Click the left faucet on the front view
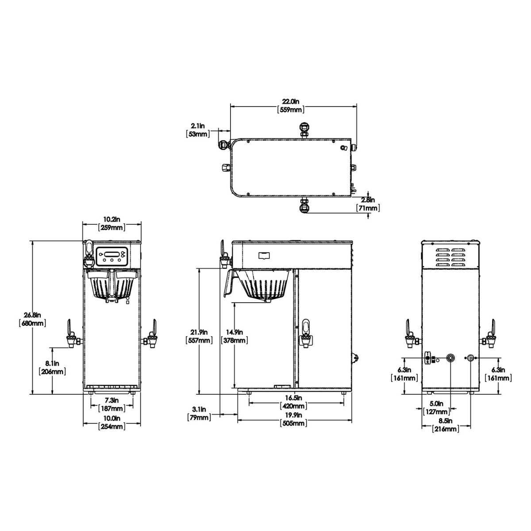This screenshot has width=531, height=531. [70, 334]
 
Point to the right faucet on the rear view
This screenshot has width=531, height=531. [490, 334]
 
